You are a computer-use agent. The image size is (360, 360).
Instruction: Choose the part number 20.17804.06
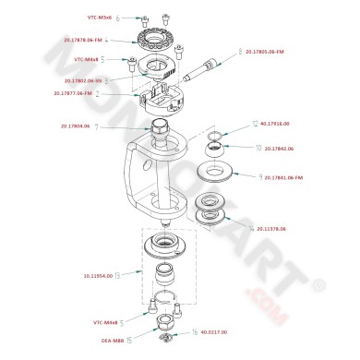(76, 126)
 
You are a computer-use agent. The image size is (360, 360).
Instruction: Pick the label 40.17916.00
(275, 123)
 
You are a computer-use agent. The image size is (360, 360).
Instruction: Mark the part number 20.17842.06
(279, 148)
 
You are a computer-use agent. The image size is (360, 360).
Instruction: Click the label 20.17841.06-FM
(285, 176)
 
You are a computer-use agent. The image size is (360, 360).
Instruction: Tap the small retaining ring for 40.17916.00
(214, 138)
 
